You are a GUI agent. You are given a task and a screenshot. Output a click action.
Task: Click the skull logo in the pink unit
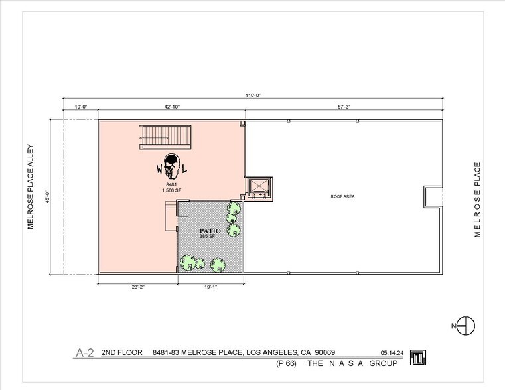(x=171, y=166)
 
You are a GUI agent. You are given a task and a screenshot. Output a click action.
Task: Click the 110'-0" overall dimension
(x=253, y=96)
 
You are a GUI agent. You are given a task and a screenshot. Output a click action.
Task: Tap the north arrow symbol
(x=467, y=325)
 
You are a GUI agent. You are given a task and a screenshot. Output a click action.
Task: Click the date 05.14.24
(x=392, y=354)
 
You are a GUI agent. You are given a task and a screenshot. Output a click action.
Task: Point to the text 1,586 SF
(x=171, y=191)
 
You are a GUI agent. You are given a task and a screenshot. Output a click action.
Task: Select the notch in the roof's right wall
(x=433, y=196)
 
